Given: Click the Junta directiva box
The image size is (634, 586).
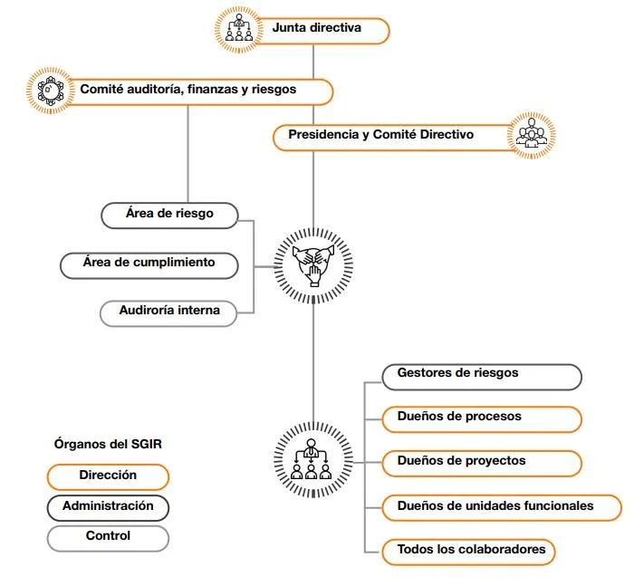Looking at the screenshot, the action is (x=320, y=31).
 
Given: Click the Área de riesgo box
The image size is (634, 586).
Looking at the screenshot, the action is (x=169, y=216).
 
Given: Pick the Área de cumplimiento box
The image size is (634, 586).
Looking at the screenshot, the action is (x=149, y=265).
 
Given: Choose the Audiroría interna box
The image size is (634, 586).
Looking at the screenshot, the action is (x=168, y=313).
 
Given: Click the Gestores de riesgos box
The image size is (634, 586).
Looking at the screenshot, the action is (x=482, y=377).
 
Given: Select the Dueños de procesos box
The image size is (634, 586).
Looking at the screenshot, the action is (x=482, y=419).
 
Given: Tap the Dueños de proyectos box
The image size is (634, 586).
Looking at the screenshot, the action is (x=482, y=464).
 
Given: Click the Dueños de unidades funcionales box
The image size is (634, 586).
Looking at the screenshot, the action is (x=502, y=507).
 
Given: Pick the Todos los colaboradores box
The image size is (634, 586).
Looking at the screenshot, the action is (x=468, y=552).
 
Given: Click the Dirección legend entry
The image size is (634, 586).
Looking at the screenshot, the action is (x=108, y=477).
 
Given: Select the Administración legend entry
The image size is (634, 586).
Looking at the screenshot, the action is (x=108, y=508).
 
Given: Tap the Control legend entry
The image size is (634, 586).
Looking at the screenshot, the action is (x=108, y=539).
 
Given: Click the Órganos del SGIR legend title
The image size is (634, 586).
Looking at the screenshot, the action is (x=108, y=444).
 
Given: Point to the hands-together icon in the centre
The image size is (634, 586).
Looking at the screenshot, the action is (x=313, y=265).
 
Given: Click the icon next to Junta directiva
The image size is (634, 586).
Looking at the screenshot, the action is (x=238, y=29).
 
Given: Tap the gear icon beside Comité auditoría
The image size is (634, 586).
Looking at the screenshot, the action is (x=51, y=91).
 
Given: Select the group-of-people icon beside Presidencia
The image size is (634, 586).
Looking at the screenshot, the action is (x=532, y=135).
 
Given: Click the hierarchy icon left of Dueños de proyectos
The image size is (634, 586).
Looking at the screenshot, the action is (x=313, y=459).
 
